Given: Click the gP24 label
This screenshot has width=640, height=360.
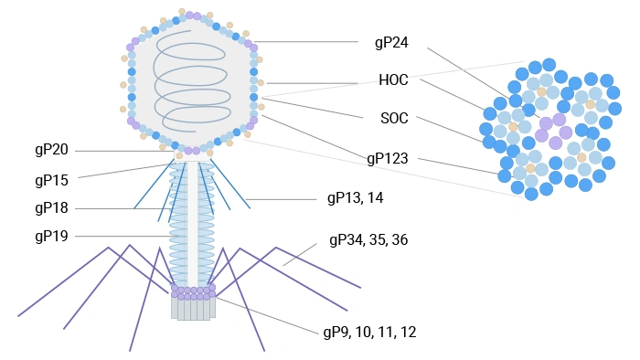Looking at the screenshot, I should [391, 42].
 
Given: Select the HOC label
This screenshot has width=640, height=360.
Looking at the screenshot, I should [393, 80].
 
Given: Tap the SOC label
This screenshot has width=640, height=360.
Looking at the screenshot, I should [394, 119].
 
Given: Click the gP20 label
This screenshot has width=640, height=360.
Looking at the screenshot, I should [51, 150].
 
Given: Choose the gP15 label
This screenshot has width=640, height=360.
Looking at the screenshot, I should [51, 178].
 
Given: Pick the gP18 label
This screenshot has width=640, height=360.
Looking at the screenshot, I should [51, 207].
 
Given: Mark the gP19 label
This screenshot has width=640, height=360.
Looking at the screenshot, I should [51, 236].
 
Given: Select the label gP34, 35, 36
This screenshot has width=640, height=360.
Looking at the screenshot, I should [368, 240].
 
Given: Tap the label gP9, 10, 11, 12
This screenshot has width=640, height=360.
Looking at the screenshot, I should [369, 332].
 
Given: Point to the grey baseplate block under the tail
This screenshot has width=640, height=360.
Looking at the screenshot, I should [193, 309].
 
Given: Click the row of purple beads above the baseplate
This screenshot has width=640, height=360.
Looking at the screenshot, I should [193, 292].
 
